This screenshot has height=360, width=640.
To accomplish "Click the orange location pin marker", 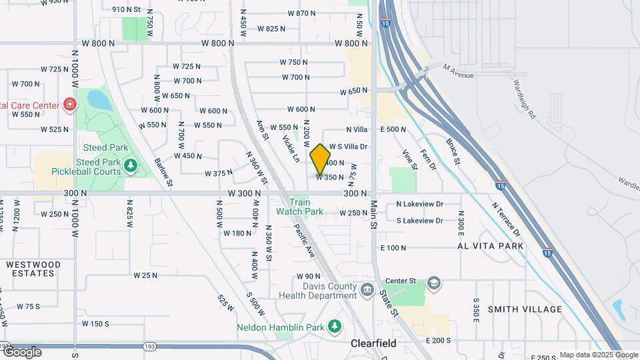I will coord(321,159).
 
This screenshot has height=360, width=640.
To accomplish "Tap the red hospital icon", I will coord(69,105).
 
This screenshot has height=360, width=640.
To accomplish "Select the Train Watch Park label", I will coord(300,207).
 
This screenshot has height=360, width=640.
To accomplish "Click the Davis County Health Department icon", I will coord(367,289).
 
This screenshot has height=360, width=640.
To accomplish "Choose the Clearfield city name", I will coord(373,344).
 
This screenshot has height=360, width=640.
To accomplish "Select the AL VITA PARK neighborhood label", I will coord(489,246).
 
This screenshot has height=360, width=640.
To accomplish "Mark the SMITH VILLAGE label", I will coord(525,309).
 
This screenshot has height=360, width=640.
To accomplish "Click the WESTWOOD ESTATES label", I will coord(33,269).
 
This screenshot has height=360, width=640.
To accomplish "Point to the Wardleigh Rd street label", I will coord(525,99).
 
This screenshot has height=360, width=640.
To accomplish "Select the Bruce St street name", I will coord(453,151).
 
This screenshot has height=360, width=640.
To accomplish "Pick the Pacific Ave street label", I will coord(305,241).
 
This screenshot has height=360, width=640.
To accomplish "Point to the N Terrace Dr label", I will coord(506,221).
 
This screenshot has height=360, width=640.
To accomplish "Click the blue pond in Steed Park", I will coord(100,101).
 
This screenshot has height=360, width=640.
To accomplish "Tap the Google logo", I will coord(22,351).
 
